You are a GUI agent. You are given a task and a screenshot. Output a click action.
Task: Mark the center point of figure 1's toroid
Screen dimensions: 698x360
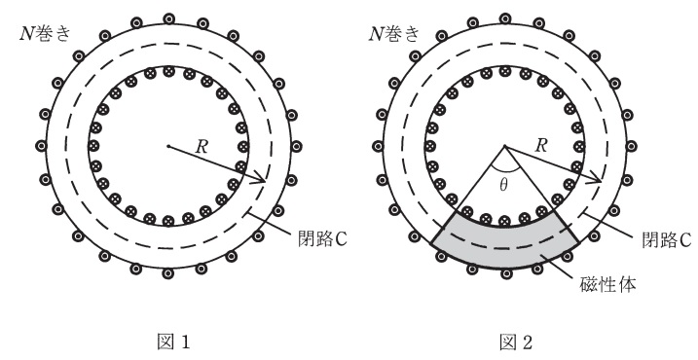coord(167,147)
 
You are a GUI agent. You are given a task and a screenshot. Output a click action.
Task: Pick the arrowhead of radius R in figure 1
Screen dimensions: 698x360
coord(264,179)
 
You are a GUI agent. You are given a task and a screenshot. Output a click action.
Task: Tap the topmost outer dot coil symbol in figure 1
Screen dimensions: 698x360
coord(168,18)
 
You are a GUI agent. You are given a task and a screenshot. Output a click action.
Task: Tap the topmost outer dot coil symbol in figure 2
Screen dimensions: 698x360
coord(505,18)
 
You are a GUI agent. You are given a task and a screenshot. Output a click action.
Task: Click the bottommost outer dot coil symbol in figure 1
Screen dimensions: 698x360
coord(168,275)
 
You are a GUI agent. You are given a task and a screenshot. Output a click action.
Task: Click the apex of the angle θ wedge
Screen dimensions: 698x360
coord(504,147)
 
